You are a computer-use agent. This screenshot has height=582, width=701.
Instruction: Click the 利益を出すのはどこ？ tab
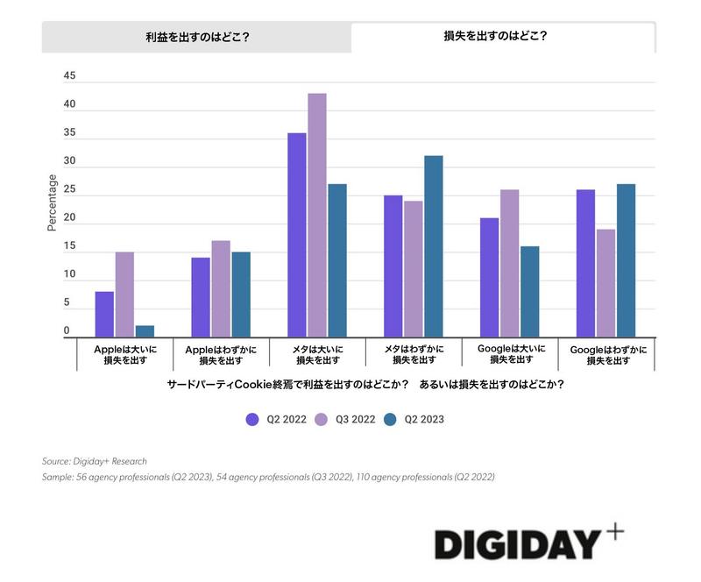196,38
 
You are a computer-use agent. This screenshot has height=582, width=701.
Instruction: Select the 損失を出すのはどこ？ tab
502,38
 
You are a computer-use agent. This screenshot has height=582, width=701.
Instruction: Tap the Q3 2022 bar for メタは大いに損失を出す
316,216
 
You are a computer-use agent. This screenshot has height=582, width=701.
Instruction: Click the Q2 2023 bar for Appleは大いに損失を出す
145,331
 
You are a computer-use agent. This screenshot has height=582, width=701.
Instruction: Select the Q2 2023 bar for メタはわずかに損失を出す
434,246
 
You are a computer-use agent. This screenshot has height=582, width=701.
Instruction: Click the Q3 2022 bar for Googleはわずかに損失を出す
605,283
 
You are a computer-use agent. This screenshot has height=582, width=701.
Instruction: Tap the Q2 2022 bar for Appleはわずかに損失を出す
201,297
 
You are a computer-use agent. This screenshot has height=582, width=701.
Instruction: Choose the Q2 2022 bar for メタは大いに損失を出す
297,235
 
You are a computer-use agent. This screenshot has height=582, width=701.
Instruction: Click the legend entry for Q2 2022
276,419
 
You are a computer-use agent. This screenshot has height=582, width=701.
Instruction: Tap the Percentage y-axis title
52,202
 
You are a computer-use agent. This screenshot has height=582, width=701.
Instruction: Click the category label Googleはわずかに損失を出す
608,354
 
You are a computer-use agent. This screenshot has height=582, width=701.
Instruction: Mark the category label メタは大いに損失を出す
319,354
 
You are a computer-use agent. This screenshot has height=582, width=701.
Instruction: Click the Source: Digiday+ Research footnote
95,461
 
